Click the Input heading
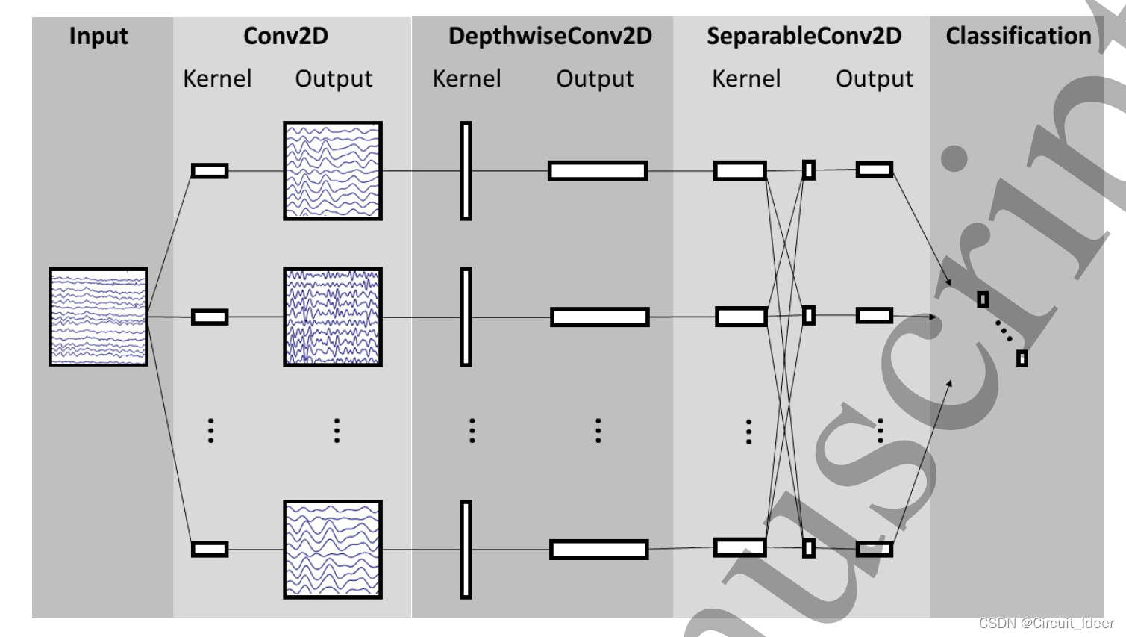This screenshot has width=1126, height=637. pyautogui.click(x=98, y=36)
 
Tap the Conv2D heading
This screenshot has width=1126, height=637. pyautogui.click(x=286, y=36)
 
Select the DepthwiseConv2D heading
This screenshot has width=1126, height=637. pyautogui.click(x=550, y=36)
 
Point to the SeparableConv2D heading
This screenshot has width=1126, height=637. pyautogui.click(x=804, y=36)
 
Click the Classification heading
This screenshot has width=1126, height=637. pyautogui.click(x=1019, y=36)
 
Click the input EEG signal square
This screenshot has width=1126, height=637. pyautogui.click(x=98, y=317)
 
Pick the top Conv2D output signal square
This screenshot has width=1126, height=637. pyautogui.click(x=333, y=171)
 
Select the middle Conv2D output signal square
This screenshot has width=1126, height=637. pyautogui.click(x=333, y=317)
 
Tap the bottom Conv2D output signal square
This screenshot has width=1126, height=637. pyautogui.click(x=333, y=550)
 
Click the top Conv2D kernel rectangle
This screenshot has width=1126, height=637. pyautogui.click(x=210, y=171)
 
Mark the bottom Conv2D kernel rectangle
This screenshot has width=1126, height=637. pyautogui.click(x=210, y=550)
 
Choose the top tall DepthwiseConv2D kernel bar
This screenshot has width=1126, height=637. pyautogui.click(x=466, y=171)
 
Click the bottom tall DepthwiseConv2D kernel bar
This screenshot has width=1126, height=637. pyautogui.click(x=466, y=550)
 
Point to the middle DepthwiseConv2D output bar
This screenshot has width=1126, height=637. pyautogui.click(x=600, y=317)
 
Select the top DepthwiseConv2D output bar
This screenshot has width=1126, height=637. pyautogui.click(x=598, y=171)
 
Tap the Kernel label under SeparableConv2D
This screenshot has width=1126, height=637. pyautogui.click(x=746, y=78)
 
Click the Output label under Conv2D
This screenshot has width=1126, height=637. pyautogui.click(x=334, y=78)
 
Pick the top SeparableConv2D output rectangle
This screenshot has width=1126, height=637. pyautogui.click(x=875, y=170)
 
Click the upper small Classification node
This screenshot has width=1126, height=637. pyautogui.click(x=983, y=299)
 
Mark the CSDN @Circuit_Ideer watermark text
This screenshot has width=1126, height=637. pyautogui.click(x=1046, y=623)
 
